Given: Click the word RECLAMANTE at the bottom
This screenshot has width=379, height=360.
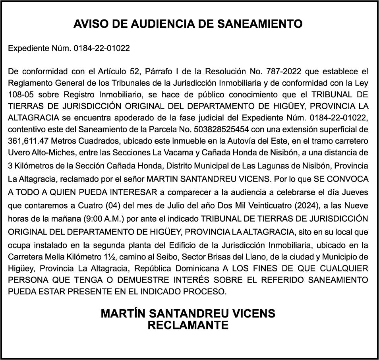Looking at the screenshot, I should [x=188, y=325].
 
